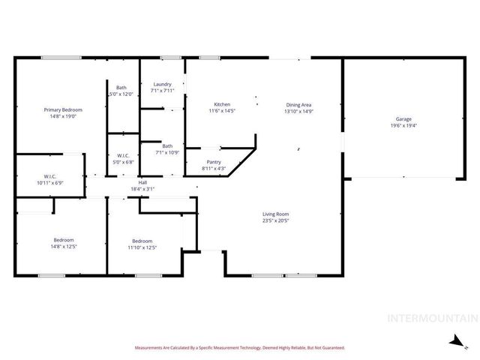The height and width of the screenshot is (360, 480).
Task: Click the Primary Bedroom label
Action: [x=61, y=110]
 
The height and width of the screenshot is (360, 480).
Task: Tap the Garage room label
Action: [x=403, y=119]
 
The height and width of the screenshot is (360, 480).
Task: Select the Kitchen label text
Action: [x=222, y=104]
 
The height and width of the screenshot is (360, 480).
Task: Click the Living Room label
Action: [x=276, y=214]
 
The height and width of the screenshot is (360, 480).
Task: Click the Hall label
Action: [x=142, y=182]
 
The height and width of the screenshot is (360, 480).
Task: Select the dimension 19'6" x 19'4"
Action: [x=403, y=126]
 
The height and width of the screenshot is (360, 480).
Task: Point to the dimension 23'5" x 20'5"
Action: [x=276, y=220]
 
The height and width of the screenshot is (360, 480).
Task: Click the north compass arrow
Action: [x=454, y=341]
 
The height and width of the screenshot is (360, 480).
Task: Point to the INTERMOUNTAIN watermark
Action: [x=432, y=318]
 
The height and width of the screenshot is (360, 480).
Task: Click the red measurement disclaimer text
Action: [x=239, y=348]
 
